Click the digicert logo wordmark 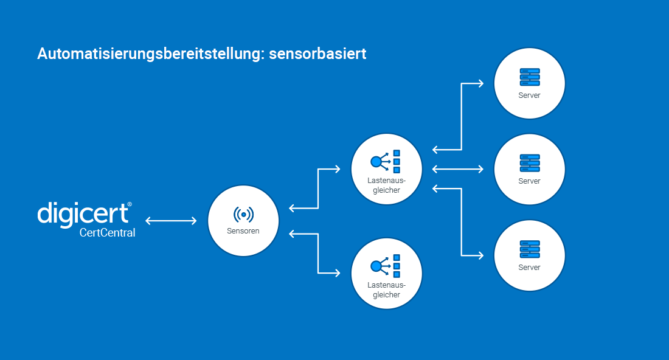[x=84, y=213]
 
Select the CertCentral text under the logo [x=107, y=232]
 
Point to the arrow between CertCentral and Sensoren [x=171, y=221]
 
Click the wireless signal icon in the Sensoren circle [x=243, y=214]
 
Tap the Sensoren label [x=243, y=231]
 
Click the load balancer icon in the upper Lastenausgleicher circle [x=386, y=162]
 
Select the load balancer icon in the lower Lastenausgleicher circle [x=386, y=266]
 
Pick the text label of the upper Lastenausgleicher [x=386, y=185]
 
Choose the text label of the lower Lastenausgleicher [x=386, y=290]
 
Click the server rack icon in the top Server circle [x=529, y=78]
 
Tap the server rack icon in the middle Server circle [x=529, y=164]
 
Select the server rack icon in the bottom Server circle [x=529, y=250]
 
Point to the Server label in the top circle [x=529, y=95]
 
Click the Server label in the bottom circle [x=529, y=268]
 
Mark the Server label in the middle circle [x=529, y=181]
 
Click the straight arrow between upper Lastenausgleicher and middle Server [x=458, y=168]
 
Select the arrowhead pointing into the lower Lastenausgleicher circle [x=338, y=272]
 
